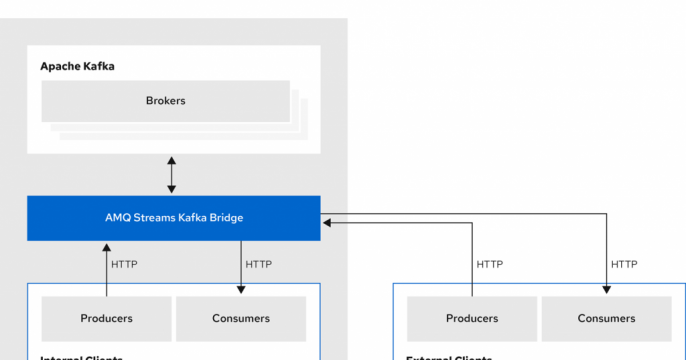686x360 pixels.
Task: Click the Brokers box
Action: [165, 101]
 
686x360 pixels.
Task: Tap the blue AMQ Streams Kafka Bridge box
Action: [173, 218]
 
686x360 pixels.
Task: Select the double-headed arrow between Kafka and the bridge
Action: [172, 175]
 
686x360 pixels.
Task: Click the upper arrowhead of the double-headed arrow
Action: [172, 160]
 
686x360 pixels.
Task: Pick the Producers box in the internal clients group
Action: [106, 319]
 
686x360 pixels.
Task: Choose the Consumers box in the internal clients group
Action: [241, 319]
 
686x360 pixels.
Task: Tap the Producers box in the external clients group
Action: [472, 319]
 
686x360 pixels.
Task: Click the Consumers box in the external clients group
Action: [607, 319]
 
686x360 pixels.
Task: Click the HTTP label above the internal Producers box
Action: [124, 265]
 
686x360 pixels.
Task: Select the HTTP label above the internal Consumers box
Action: [259, 265]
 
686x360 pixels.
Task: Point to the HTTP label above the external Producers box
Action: [490, 265]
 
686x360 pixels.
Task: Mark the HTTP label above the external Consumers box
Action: [625, 265]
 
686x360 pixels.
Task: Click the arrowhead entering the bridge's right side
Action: [327, 224]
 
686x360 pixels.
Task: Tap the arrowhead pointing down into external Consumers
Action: [607, 290]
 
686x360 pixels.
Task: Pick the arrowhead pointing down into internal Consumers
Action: [241, 290]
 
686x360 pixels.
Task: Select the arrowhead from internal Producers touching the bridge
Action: [106, 246]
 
